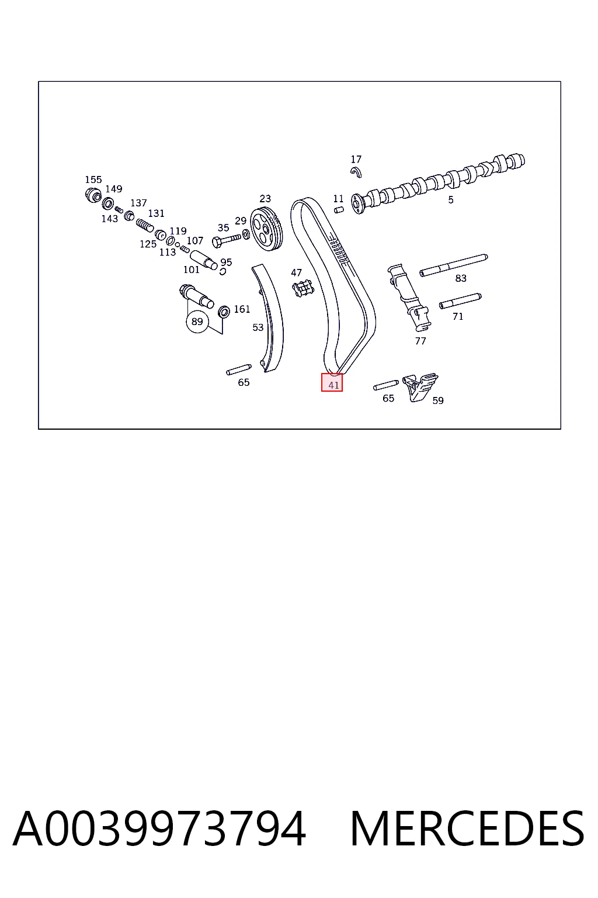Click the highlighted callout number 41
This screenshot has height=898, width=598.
tap(333, 385)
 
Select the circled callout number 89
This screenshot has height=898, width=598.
tap(197, 322)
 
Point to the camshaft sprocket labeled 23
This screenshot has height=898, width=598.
tap(266, 229)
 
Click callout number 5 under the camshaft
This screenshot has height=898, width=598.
tap(451, 199)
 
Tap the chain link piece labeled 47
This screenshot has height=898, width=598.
tap(303, 289)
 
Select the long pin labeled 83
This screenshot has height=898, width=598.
tap(453, 265)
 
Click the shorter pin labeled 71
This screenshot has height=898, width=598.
tap(460, 301)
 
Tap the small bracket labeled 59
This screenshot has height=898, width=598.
tap(420, 386)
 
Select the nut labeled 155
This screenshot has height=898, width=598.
tap(93, 195)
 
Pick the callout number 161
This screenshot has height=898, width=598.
tap(242, 309)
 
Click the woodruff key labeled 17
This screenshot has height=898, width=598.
tap(356, 172)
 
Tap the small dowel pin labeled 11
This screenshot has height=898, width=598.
tap(339, 210)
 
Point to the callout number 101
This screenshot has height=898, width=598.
tap(192, 270)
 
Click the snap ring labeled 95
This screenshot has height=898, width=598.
tap(222, 271)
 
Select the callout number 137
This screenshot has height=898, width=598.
tap(138, 203)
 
